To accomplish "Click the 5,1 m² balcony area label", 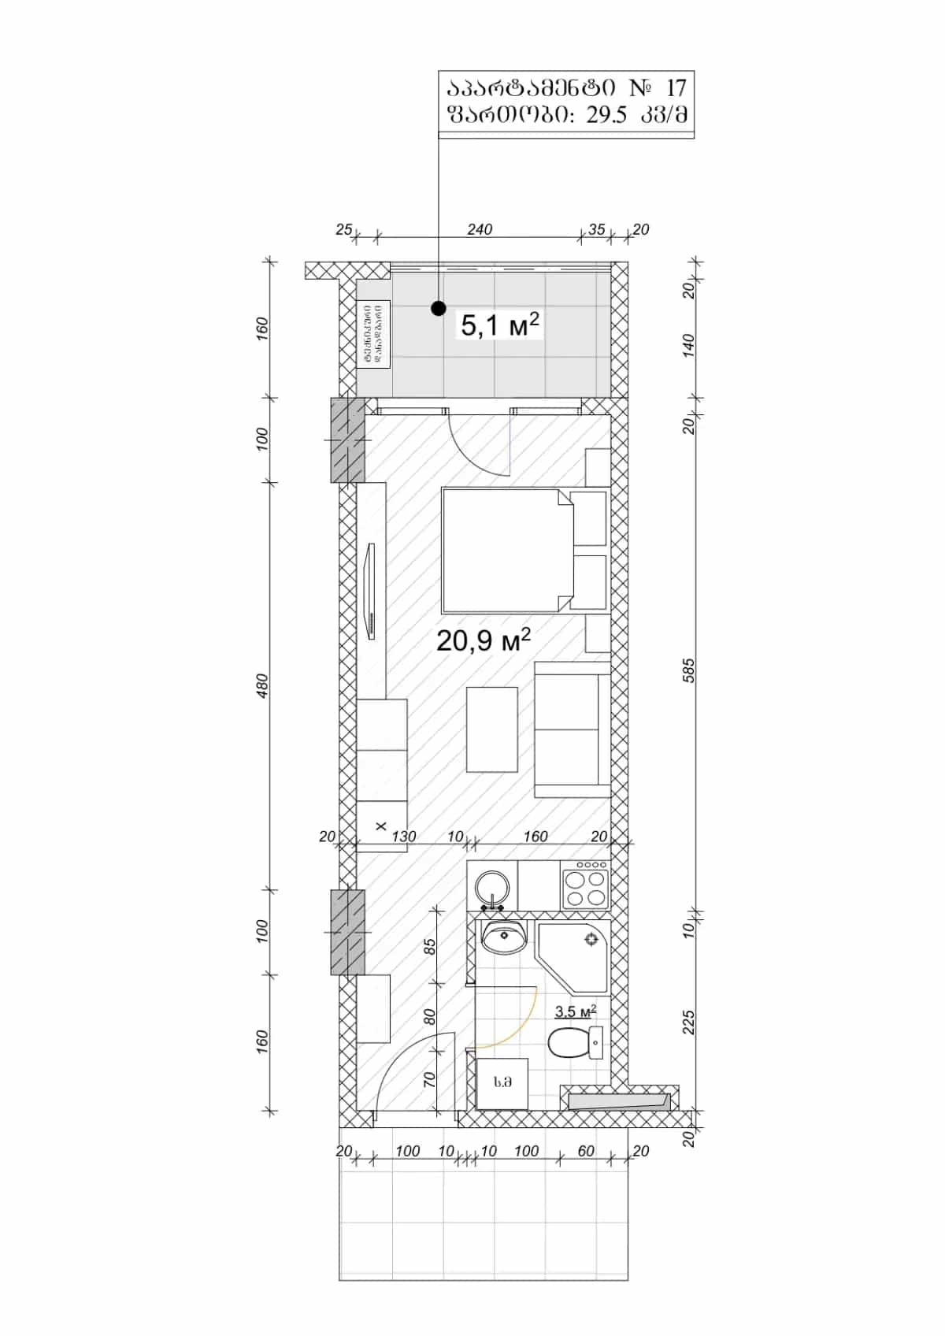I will point(499,325).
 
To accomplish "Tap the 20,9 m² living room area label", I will point(483,640).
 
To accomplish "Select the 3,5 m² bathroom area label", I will point(575,1012).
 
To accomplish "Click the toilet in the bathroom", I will point(573,1043).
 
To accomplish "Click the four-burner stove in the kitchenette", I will point(584,885).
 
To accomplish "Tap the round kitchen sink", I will point(493,886).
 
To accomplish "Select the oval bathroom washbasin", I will point(504,937).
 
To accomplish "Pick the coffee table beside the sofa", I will point(492,729).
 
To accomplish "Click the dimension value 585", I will point(689,670).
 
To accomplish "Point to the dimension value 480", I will point(263,685).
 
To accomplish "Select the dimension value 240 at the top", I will point(479,229).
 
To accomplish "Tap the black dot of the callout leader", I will point(439,309).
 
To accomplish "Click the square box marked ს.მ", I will point(502,1083).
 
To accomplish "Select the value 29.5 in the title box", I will point(606,115).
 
